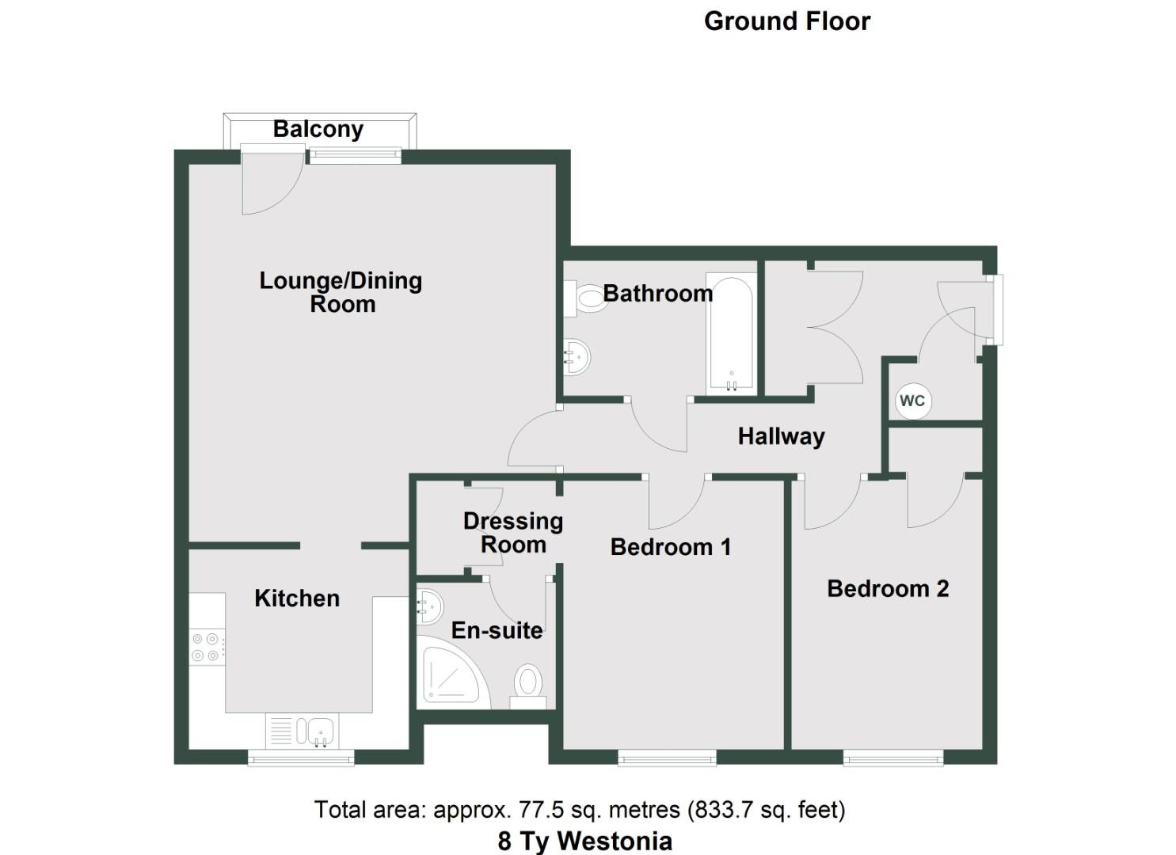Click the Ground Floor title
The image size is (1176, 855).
786,21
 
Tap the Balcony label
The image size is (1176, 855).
318,129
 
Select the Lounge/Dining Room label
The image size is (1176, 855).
341,292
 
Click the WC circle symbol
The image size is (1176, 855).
911,401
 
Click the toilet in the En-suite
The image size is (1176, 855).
527,686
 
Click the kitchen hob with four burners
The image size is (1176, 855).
207,647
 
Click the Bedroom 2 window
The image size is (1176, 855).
893,759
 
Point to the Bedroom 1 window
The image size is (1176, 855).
667,759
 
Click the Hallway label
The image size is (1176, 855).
781,436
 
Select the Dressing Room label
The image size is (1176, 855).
513,533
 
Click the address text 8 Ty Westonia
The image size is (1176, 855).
584,841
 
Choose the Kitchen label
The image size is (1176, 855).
297,598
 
